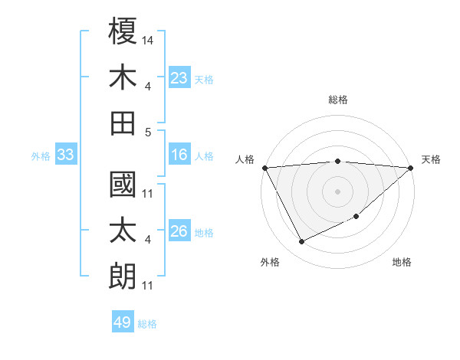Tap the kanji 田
(123, 123)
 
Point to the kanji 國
(123, 186)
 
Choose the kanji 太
(123, 231)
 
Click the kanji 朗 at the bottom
(123, 277)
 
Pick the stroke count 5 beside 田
(149, 132)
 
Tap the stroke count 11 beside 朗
(148, 286)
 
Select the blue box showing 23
(179, 77)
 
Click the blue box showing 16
(179, 155)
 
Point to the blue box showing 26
(179, 232)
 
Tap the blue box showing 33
(66, 155)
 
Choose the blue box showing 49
(123, 322)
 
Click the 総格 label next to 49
(147, 324)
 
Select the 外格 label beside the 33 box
(41, 156)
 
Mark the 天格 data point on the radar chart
(411, 168)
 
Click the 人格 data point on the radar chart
(264, 168)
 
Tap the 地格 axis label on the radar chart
(402, 262)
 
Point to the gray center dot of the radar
(337, 191)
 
